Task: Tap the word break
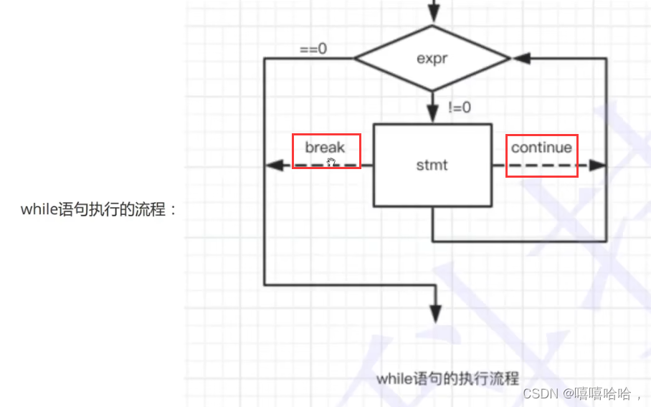pyautogui.click(x=325, y=148)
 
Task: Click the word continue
pyautogui.click(x=541, y=148)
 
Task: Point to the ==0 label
pyautogui.click(x=313, y=49)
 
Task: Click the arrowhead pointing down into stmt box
pyautogui.click(x=432, y=113)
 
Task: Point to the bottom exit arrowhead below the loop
pyautogui.click(x=434, y=313)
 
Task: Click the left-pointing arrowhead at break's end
pyautogui.click(x=272, y=166)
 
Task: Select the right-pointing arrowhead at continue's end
pyautogui.click(x=599, y=166)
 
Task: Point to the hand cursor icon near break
pyautogui.click(x=331, y=162)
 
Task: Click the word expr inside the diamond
pyautogui.click(x=432, y=59)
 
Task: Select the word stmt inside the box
pyautogui.click(x=432, y=165)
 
